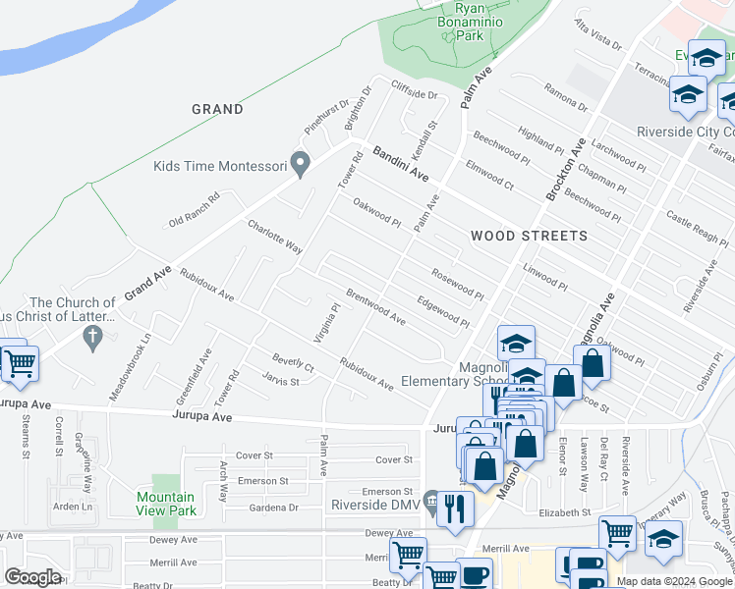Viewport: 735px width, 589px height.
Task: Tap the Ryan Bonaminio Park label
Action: click(456, 20)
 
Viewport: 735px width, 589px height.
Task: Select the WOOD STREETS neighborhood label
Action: click(529, 236)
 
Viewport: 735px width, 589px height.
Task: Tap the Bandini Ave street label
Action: click(401, 164)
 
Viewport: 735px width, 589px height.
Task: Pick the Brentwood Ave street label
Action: click(374, 306)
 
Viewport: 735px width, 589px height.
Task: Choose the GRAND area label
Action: click(217, 109)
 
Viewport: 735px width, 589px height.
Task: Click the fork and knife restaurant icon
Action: click(453, 508)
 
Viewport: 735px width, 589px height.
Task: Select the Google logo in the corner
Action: click(32, 576)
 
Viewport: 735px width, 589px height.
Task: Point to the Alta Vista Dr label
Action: click(598, 39)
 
